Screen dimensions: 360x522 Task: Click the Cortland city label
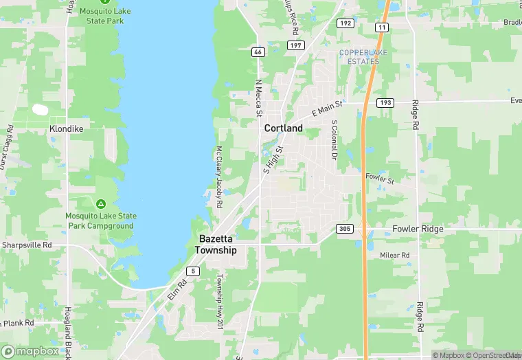tap(284, 128)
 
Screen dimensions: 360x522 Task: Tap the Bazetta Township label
tap(217, 245)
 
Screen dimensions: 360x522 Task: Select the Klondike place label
tap(67, 128)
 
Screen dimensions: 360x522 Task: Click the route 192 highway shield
tap(345, 23)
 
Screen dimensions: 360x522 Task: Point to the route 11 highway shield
tap(381, 27)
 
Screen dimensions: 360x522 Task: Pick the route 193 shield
tap(385, 102)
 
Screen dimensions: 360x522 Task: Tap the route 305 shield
tap(345, 228)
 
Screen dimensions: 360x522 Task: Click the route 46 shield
tap(258, 52)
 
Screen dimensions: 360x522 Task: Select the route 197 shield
tap(296, 45)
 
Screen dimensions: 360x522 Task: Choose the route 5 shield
tap(194, 271)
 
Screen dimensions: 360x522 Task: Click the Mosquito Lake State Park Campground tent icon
tap(101, 204)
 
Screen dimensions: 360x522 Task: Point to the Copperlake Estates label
tap(359, 57)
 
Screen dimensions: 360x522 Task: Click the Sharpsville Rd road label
tap(27, 245)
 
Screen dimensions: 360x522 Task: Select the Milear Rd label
tap(394, 255)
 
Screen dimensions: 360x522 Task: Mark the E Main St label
tap(326, 108)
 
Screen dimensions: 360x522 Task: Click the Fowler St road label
tap(380, 179)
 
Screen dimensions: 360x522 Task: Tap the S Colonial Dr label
tap(334, 140)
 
